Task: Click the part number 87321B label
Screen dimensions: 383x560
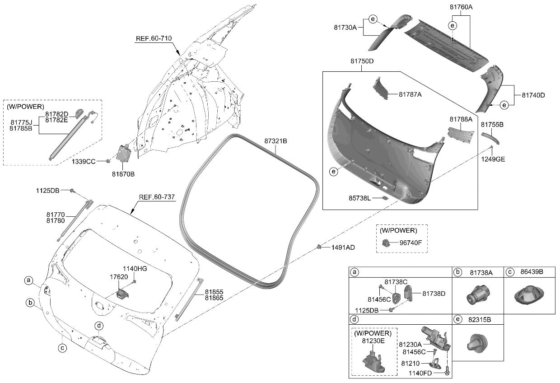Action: click(x=275, y=141)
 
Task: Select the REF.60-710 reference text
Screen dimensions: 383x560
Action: click(x=154, y=38)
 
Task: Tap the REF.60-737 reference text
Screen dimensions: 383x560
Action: click(x=157, y=197)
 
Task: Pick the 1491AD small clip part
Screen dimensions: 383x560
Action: click(x=319, y=246)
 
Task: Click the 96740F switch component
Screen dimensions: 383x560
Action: click(x=387, y=243)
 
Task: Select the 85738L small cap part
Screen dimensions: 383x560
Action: click(x=385, y=197)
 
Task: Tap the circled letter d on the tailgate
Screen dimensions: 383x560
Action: click(x=99, y=326)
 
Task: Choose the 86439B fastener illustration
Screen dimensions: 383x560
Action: click(x=529, y=296)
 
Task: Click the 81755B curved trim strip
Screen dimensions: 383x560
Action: click(x=492, y=136)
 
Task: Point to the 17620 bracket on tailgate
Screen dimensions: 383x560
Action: click(x=121, y=294)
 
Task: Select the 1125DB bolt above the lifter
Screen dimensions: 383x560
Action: click(x=72, y=191)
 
